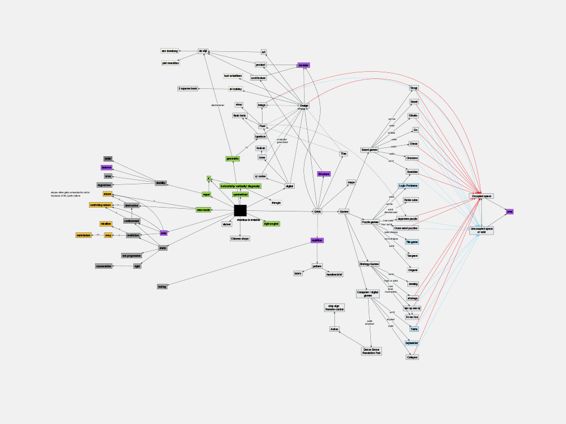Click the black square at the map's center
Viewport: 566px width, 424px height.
[240, 210]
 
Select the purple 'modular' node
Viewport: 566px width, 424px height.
[303, 65]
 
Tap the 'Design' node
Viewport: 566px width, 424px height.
[304, 105]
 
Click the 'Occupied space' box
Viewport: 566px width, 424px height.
[481, 196]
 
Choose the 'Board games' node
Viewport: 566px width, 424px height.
[369, 150]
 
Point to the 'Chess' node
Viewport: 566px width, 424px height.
[413, 144]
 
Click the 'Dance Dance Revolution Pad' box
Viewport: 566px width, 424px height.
[371, 351]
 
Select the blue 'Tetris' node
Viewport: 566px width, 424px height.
[413, 329]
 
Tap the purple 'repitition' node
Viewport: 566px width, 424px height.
[317, 240]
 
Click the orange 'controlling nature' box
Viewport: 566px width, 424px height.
[101, 205]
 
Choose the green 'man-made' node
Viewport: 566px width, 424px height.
[203, 210]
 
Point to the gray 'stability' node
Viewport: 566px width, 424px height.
[161, 183]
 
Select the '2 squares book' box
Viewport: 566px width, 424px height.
[188, 88]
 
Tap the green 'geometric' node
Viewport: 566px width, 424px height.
[233, 158]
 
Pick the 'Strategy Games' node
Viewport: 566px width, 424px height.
[369, 264]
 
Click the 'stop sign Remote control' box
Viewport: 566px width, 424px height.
[334, 308]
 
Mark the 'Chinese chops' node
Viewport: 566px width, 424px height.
[240, 239]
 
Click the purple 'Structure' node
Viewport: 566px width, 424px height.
[323, 174]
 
